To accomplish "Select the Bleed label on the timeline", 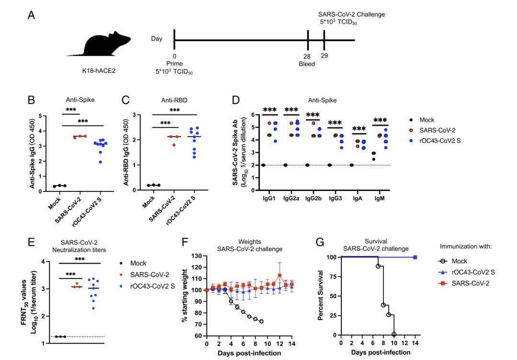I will [307, 64].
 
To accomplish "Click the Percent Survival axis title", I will [322, 297].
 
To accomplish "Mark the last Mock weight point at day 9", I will [261, 321].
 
